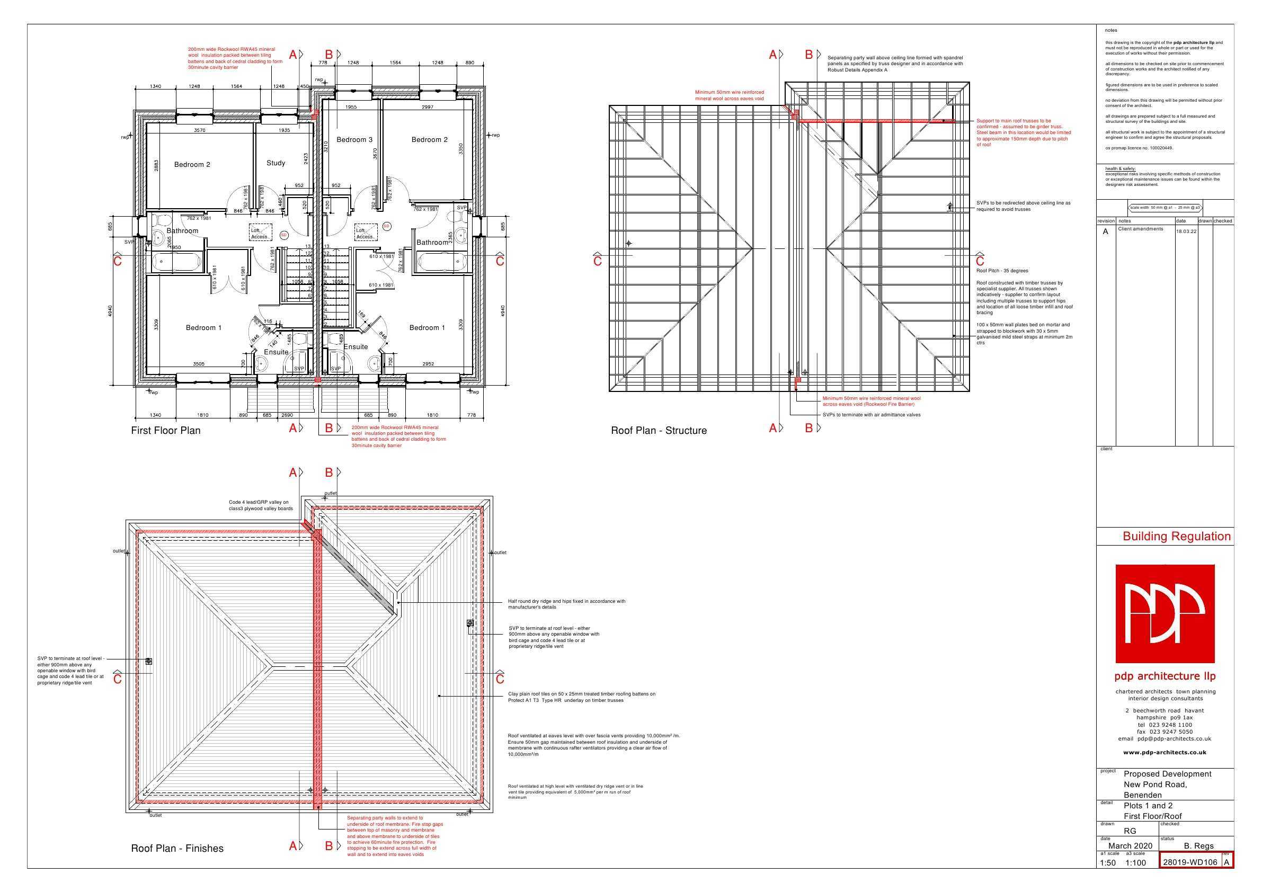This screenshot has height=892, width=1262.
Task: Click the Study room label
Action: coord(275,163)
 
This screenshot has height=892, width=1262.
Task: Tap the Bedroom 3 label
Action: coord(354,140)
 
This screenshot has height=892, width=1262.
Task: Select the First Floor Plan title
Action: coord(165,430)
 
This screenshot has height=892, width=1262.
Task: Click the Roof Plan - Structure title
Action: coord(659,430)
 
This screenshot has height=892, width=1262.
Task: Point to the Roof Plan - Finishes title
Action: coord(177,848)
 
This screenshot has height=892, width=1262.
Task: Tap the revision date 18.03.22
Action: coord(1186,231)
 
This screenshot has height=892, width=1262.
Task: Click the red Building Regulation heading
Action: coord(1176,537)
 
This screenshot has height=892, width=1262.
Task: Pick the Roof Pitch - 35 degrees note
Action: coord(1002,270)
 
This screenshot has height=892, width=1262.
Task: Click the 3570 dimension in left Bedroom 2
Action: coord(200,130)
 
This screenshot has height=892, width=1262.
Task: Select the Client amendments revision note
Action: coord(1141,229)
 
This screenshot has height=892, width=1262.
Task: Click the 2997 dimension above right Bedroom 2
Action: coord(427,107)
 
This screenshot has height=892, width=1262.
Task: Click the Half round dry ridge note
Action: coord(566,604)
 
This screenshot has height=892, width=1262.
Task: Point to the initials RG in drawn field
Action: coord(1130,831)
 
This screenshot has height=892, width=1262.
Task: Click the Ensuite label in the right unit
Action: coord(356,347)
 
